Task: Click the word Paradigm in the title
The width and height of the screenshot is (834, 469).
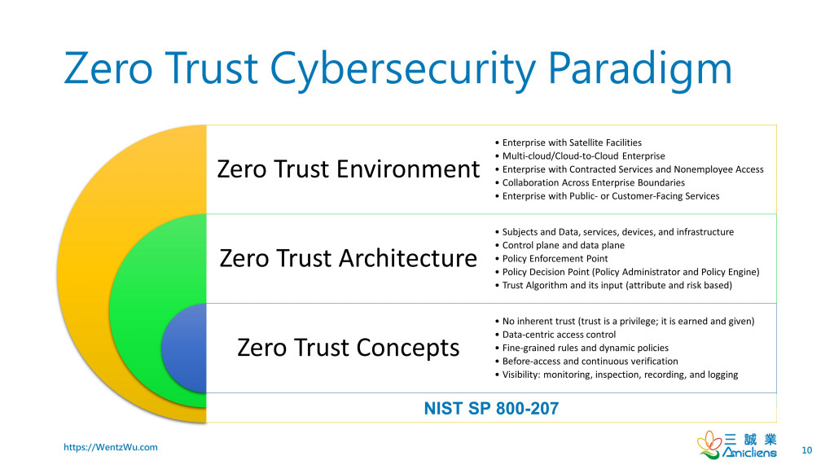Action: (x=640, y=69)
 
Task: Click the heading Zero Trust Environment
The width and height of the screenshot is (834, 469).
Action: (x=349, y=169)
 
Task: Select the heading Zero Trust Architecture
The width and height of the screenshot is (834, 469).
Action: (x=349, y=258)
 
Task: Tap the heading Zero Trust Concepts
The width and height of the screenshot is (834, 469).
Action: (x=349, y=348)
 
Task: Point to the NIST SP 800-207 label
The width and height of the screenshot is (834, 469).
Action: (x=491, y=409)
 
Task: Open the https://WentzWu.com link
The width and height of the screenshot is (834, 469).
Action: (x=111, y=447)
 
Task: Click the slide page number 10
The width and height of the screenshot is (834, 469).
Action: (x=807, y=450)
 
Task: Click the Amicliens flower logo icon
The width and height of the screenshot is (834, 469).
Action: (x=709, y=445)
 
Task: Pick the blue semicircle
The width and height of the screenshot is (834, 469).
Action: (x=184, y=348)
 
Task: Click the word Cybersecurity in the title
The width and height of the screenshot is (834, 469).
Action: (x=403, y=69)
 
